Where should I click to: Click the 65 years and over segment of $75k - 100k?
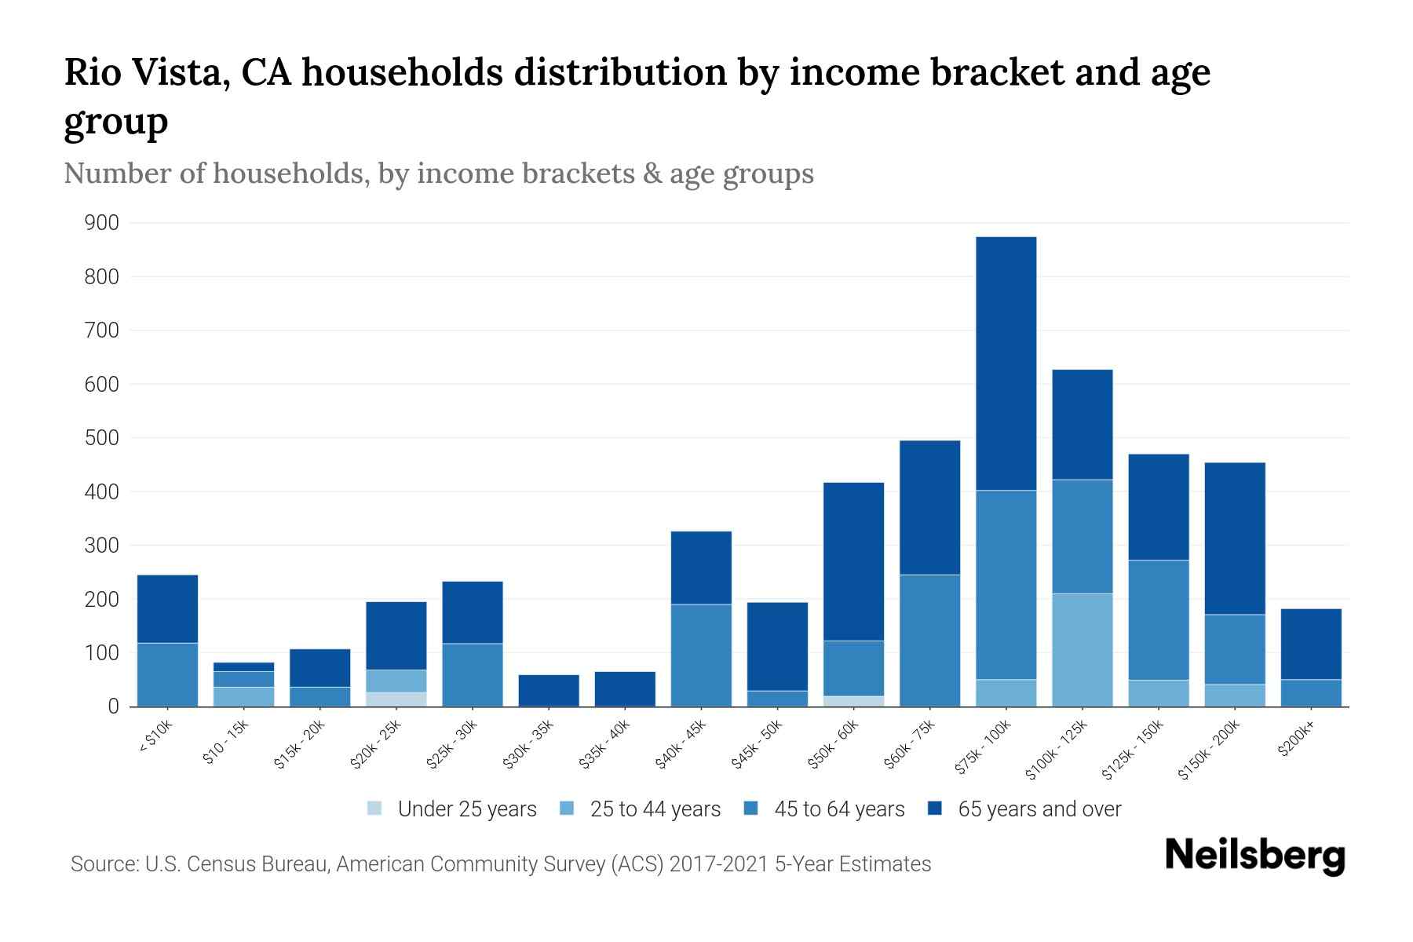pos(1006,363)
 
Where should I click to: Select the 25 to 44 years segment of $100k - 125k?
pos(1082,650)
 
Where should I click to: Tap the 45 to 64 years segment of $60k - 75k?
pos(929,641)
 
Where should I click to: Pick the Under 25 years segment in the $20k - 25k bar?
pos(396,699)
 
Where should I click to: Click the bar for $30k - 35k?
pos(549,691)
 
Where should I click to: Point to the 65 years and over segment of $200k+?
pos(1310,644)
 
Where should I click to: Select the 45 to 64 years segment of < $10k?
pos(167,674)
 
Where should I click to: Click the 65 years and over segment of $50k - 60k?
pos(853,561)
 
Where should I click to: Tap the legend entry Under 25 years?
pos(466,809)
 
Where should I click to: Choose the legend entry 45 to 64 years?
pos(838,809)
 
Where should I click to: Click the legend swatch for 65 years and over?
pos(935,809)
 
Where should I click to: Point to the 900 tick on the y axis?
pos(101,224)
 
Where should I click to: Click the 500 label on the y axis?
pos(101,438)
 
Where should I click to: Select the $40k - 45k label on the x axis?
pos(681,746)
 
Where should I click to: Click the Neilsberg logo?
pos(1254,856)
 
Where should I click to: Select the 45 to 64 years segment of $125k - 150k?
pos(1158,620)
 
